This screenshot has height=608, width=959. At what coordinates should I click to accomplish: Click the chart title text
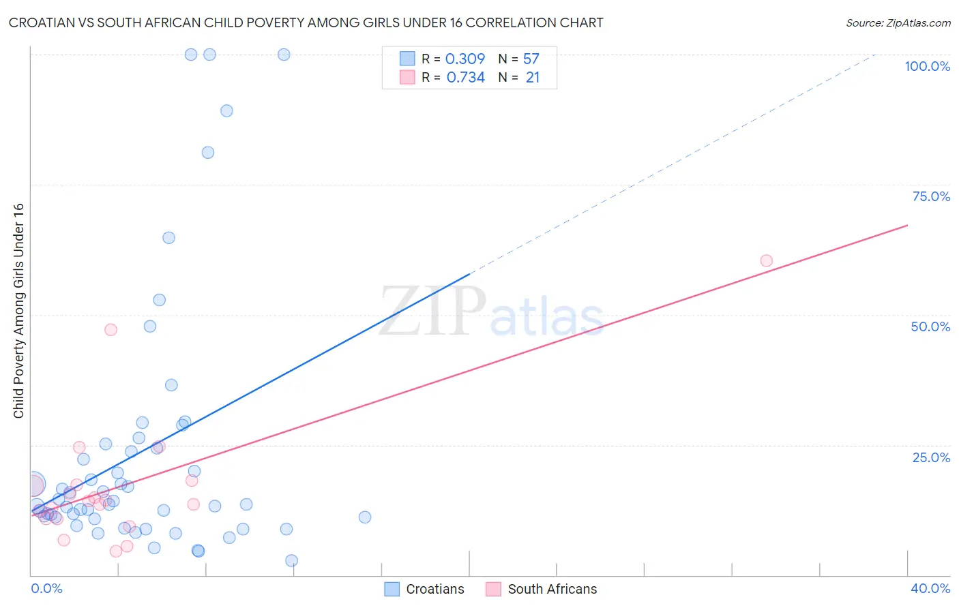pos(306,22)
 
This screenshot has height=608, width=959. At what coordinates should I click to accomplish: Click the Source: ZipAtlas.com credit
pos(898,22)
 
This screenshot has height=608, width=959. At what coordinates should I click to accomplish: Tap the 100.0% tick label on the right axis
pos(927,66)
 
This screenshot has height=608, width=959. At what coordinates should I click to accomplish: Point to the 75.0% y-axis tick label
pos(931,196)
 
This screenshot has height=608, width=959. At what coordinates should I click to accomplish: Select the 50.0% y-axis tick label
pos(930,326)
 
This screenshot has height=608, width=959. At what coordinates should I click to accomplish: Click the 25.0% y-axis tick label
pos(931,457)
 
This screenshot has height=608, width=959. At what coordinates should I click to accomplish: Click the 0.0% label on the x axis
pos(46,588)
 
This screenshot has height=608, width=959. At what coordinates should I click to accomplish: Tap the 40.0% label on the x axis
pos(930,588)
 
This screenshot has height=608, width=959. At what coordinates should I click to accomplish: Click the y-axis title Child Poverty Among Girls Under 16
pos(18,311)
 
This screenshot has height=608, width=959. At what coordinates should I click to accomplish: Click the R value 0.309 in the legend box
pos(464,59)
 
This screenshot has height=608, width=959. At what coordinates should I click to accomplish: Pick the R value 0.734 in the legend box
pos(465,78)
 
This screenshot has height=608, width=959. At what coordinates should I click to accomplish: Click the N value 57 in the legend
pos(531,59)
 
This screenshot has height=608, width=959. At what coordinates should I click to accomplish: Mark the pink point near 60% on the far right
pos(766,260)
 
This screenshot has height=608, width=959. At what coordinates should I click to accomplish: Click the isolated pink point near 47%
pos(110,329)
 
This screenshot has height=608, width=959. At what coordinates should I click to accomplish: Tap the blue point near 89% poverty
pos(226,110)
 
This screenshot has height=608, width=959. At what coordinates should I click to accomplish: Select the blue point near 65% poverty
pos(168,238)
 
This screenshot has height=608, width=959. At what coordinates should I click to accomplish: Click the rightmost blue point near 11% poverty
pos(365,517)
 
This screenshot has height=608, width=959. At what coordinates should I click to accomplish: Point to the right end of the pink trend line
pos(907,225)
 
